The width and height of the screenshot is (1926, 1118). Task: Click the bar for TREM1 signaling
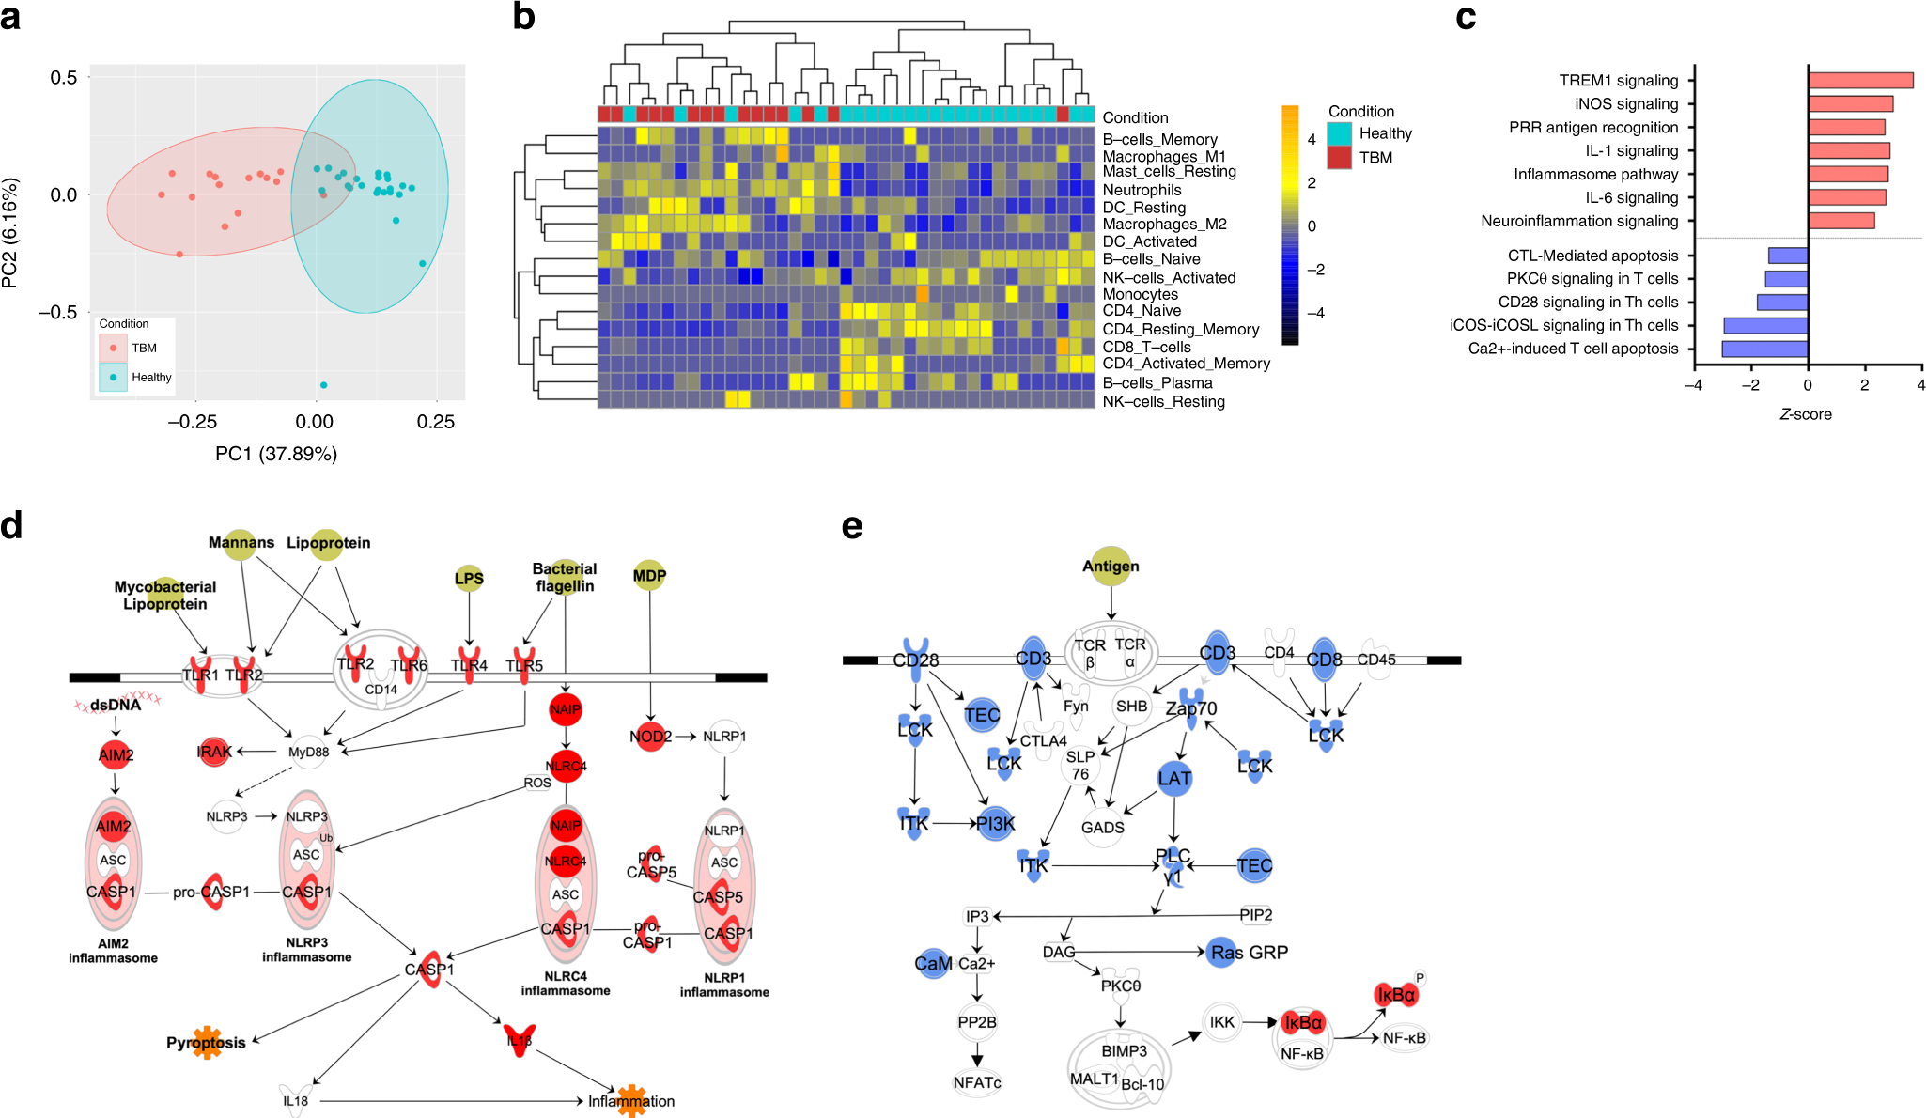click(x=1860, y=81)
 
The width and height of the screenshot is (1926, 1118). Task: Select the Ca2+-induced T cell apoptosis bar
click(x=1764, y=349)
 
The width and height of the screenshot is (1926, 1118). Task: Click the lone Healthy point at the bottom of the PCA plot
click(x=324, y=385)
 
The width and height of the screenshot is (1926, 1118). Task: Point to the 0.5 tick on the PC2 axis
click(x=64, y=77)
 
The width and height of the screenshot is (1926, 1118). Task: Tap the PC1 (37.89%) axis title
click(x=276, y=454)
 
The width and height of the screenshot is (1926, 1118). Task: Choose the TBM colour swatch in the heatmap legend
click(x=1340, y=158)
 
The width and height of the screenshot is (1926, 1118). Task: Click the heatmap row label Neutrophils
click(x=1142, y=190)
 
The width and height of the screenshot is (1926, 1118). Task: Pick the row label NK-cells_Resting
click(x=1163, y=401)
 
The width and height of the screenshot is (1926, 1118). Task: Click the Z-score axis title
click(x=1805, y=414)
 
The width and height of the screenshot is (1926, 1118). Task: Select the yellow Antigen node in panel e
click(x=1111, y=566)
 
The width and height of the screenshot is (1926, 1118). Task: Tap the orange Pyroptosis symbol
click(x=207, y=1043)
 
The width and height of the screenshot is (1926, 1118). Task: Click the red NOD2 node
click(x=650, y=737)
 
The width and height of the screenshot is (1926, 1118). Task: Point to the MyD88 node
click(x=309, y=752)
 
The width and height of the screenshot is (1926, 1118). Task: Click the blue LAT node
click(x=1174, y=778)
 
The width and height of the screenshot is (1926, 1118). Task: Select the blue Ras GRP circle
click(x=1221, y=953)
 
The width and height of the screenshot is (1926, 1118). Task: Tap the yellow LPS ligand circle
click(x=469, y=579)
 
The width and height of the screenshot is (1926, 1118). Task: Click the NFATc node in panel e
click(x=977, y=1082)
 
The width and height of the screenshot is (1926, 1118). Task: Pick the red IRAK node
click(x=214, y=752)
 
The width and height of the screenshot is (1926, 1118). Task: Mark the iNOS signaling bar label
click(x=1626, y=104)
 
